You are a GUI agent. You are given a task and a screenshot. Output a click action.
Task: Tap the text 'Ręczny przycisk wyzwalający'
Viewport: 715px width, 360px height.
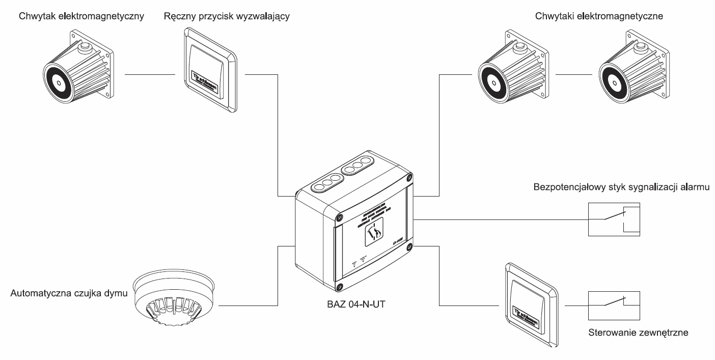(x=227, y=16)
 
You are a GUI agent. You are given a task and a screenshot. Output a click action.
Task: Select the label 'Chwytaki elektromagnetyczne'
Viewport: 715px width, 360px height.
(x=598, y=16)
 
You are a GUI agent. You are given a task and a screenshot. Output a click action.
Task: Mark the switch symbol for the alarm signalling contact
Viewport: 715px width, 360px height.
(x=614, y=219)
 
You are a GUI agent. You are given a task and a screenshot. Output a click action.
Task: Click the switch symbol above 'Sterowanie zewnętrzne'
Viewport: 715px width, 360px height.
(x=614, y=305)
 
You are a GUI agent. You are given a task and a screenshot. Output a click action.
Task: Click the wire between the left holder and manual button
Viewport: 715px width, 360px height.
(x=150, y=75)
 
